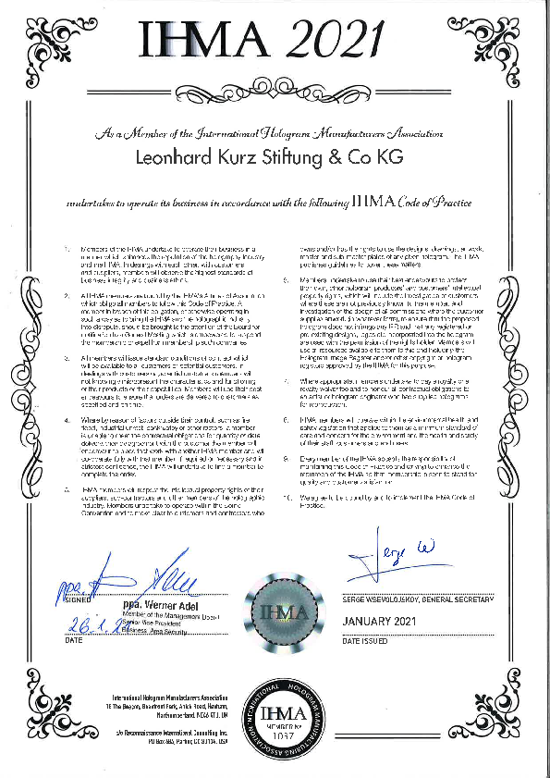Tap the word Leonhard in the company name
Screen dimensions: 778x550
(180, 158)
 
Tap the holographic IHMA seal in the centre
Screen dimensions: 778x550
(275, 611)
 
